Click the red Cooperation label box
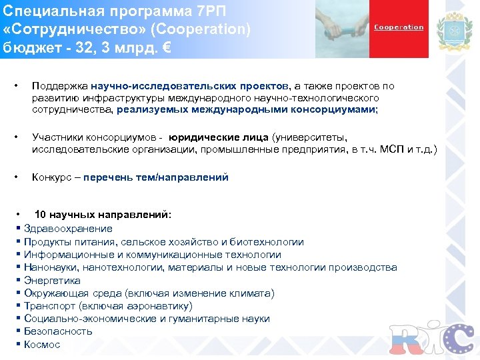point(399,28)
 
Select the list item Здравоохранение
point(68,229)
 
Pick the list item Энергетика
point(52,281)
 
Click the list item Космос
point(42,345)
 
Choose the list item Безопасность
point(58,332)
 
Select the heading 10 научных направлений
point(103,215)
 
